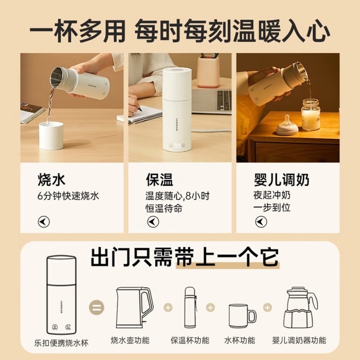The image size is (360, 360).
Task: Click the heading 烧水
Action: [51, 179]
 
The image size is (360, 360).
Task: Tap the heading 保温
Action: [159, 179]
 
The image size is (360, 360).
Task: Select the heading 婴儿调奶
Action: [281, 179]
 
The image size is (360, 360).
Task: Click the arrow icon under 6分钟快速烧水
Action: [44, 222]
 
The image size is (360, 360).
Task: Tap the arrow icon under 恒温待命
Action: [153, 222]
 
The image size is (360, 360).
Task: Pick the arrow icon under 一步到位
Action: [261, 222]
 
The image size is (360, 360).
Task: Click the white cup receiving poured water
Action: [51, 136]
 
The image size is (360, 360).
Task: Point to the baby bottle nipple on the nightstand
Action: [287, 125]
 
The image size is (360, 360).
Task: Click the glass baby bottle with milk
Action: [311, 114]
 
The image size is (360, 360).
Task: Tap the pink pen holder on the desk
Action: [208, 71]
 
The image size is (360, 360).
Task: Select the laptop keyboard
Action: [224, 100]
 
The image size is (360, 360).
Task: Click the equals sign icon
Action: [97, 308]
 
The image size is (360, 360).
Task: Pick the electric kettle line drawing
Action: [134, 308]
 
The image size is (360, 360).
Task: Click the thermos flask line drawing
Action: [191, 308]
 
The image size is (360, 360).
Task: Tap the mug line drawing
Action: [242, 316]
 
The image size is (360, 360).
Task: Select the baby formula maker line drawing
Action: [300, 308]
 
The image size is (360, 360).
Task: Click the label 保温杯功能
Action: [190, 340]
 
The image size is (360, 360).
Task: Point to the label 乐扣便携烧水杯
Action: [61, 343]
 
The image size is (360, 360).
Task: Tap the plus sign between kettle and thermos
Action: [168, 308]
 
